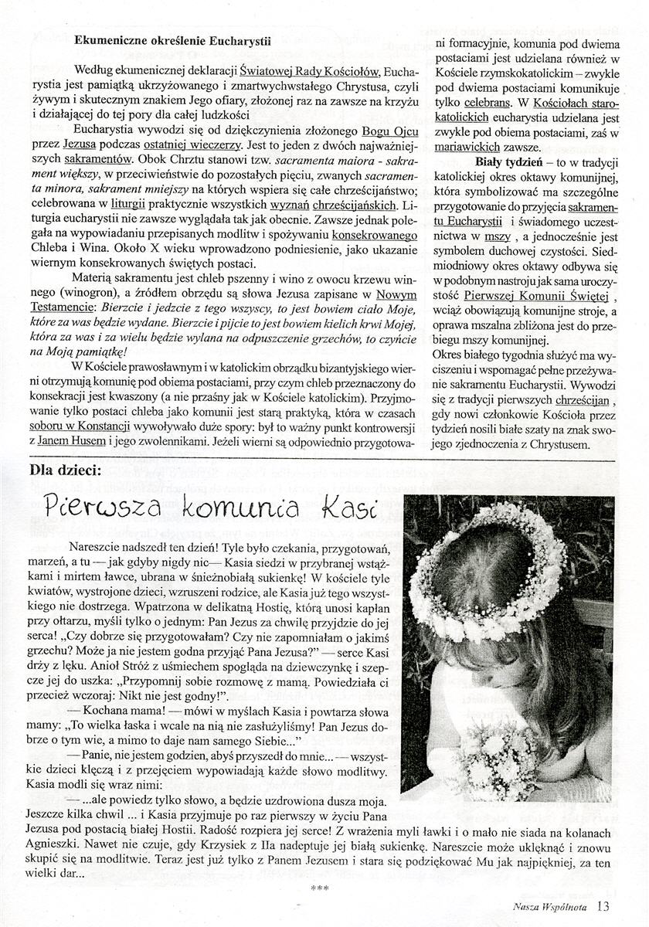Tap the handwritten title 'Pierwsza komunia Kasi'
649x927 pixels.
click(x=201, y=509)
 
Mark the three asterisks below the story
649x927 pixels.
click(x=319, y=888)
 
